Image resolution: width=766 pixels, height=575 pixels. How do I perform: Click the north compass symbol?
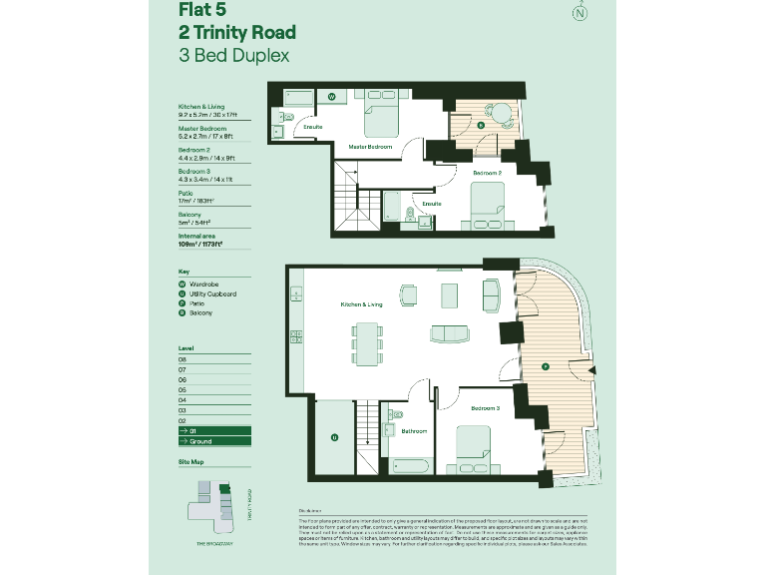coord(578,13)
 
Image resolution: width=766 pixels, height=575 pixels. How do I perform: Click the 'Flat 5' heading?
coord(200,11)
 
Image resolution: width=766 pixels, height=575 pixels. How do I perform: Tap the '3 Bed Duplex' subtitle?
coord(233,56)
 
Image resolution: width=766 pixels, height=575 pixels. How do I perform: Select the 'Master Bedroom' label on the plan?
coord(369,147)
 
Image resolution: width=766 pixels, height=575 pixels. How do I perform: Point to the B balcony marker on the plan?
coord(481,126)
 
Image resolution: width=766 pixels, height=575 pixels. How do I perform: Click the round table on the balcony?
coord(504,113)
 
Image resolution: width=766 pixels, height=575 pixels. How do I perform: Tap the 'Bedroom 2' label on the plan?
coord(487,173)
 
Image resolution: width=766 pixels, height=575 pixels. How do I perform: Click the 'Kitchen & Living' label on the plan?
coord(361,303)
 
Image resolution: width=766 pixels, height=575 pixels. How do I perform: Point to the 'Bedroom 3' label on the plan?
coord(486,408)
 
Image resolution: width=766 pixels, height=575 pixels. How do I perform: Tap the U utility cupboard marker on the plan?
coord(334,436)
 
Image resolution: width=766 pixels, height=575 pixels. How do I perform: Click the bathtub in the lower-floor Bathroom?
coord(411,465)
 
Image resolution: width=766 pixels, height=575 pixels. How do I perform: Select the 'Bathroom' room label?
coord(414,431)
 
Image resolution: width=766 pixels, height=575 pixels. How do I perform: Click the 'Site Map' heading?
coord(191,463)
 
